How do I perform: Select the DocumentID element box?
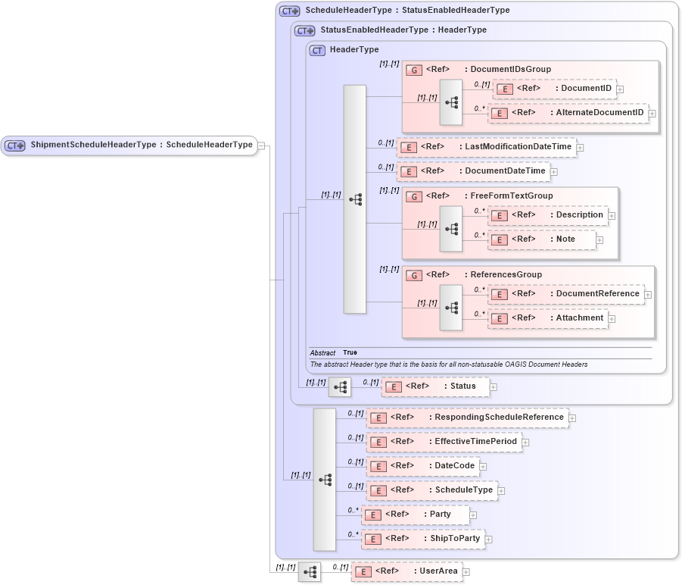[554, 89]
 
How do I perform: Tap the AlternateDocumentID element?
[568, 113]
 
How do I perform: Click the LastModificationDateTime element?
[486, 147]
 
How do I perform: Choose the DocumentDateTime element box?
[473, 171]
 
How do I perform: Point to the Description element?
[548, 215]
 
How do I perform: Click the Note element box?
[542, 239]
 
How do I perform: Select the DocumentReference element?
[565, 294]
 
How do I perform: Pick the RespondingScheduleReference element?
[467, 418]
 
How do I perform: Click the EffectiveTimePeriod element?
[444, 442]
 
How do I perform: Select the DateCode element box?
[422, 466]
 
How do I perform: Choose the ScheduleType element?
[431, 490]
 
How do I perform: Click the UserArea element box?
[406, 571]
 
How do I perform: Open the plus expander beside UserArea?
[466, 572]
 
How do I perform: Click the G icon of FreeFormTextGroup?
[414, 196]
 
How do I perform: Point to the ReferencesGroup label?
[506, 274]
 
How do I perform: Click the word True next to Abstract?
[350, 352]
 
